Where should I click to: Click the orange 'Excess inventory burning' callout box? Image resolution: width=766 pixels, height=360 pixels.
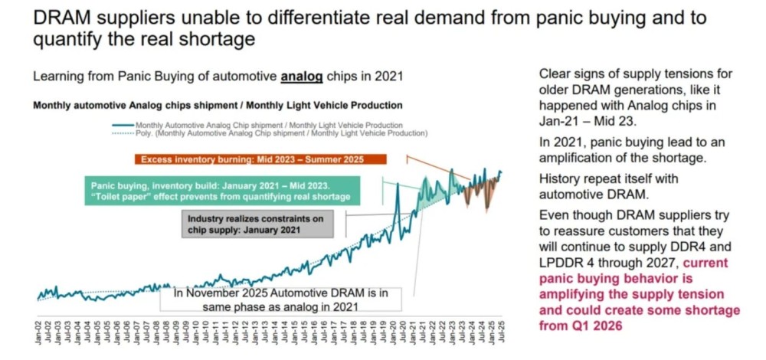(x=260, y=159)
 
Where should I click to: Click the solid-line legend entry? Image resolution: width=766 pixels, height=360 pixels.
(x=268, y=124)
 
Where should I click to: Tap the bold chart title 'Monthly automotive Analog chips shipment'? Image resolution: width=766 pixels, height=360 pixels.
(x=218, y=105)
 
